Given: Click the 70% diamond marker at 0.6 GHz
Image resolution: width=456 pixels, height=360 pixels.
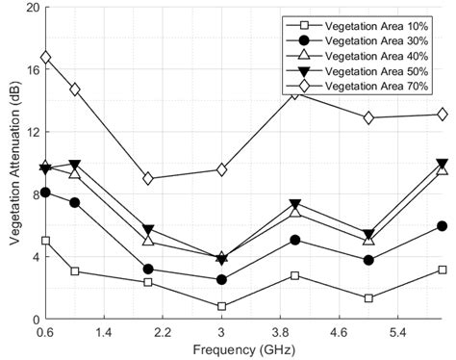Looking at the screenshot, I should tap(45, 58).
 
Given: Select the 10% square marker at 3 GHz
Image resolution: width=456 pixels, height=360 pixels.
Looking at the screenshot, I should tap(222, 306).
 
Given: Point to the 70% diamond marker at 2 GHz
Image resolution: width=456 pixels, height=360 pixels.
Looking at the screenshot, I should tap(148, 178).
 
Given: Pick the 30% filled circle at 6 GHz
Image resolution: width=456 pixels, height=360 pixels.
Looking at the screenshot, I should tap(442, 226).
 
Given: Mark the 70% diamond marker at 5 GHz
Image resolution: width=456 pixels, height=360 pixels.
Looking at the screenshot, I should tap(368, 117).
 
